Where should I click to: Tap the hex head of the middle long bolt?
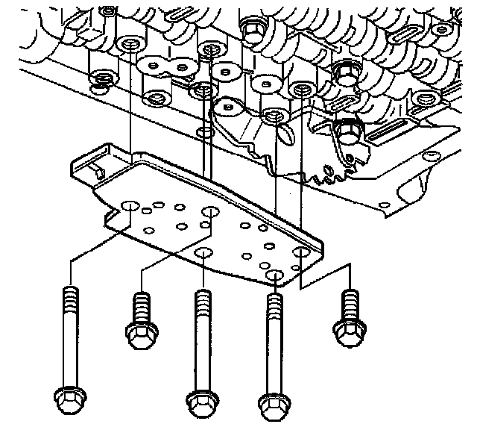200,403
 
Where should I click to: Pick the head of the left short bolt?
141,334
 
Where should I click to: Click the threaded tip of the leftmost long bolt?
69,294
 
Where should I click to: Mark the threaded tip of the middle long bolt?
200,299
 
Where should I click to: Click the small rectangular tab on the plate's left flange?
98,172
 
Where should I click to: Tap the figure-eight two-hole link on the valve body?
166,67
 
